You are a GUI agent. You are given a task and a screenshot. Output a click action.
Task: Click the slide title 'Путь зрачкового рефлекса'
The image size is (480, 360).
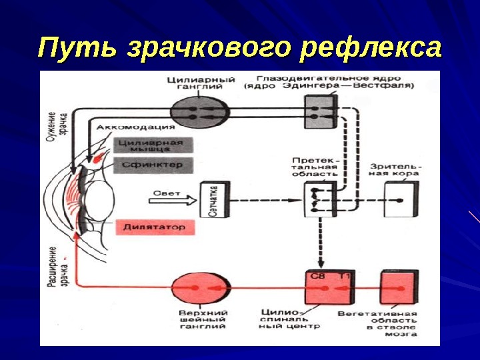tap(240, 48)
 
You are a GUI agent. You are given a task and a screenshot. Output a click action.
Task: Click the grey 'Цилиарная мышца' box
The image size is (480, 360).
tap(153, 146)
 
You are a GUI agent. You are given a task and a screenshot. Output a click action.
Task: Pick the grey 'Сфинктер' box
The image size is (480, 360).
tap(153, 164)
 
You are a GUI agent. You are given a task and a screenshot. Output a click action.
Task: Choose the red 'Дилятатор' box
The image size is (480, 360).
tap(153, 228)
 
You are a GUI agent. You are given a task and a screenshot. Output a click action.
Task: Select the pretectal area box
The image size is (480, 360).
tap(321, 199)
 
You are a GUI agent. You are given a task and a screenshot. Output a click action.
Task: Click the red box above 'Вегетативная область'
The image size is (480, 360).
tap(399, 287)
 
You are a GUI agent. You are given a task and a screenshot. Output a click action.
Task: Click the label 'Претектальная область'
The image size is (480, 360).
tap(316, 167)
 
